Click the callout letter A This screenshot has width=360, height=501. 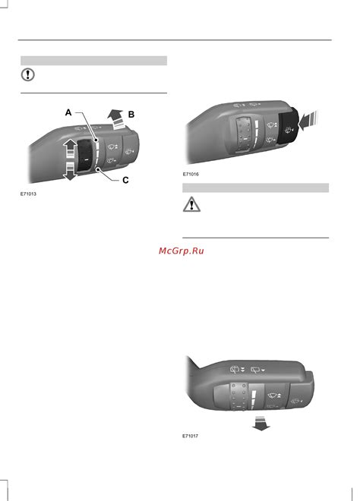point(68,112)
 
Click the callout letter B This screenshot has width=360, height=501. point(131,115)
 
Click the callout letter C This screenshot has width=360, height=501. point(125,180)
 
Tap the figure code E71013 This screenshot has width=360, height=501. point(28,194)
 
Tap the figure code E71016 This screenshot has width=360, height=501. point(191,174)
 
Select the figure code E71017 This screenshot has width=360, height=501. point(190,436)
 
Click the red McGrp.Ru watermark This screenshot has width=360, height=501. point(182,250)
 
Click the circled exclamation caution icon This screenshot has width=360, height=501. point(28,74)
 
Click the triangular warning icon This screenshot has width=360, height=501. point(191,204)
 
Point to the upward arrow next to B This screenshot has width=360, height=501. point(117,119)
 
